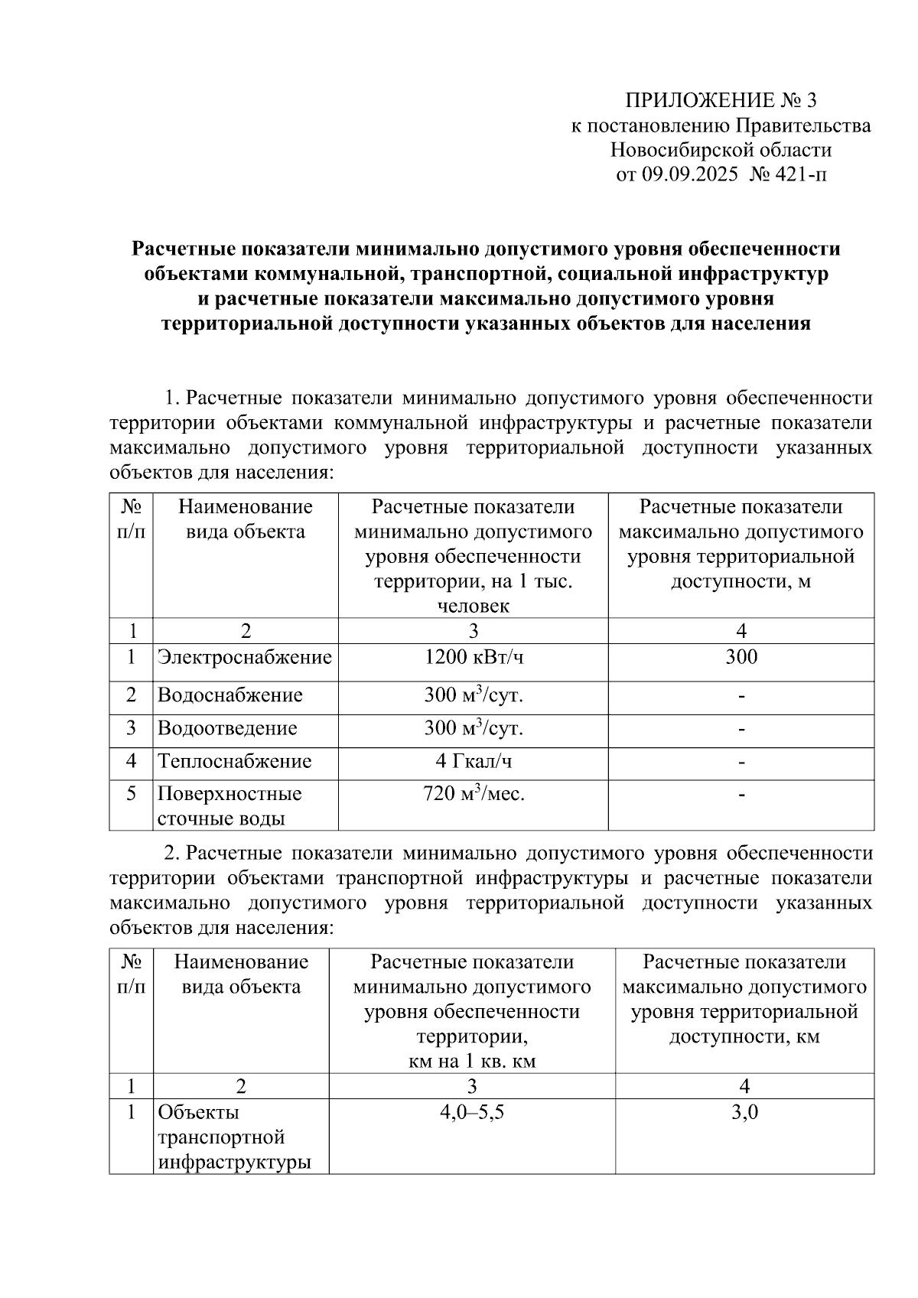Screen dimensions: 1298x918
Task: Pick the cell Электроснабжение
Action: click(x=245, y=657)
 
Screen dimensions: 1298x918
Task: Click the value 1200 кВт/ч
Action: click(x=474, y=657)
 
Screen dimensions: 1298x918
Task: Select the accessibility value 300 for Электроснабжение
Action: click(x=741, y=657)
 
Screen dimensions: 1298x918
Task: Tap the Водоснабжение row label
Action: click(x=229, y=695)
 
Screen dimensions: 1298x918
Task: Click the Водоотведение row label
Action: click(x=227, y=728)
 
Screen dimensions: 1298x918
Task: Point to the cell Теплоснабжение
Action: click(x=234, y=761)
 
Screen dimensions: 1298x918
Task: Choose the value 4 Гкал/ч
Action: click(x=474, y=761)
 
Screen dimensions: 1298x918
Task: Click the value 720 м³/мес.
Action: click(x=474, y=794)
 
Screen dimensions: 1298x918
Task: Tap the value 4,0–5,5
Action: click(x=471, y=1112)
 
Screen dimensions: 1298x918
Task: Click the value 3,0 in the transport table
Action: click(x=744, y=1112)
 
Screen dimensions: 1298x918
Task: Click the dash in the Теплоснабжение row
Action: click(x=741, y=762)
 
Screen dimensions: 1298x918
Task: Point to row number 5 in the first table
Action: click(x=131, y=794)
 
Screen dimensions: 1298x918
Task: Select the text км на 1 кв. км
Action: click(x=472, y=1062)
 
